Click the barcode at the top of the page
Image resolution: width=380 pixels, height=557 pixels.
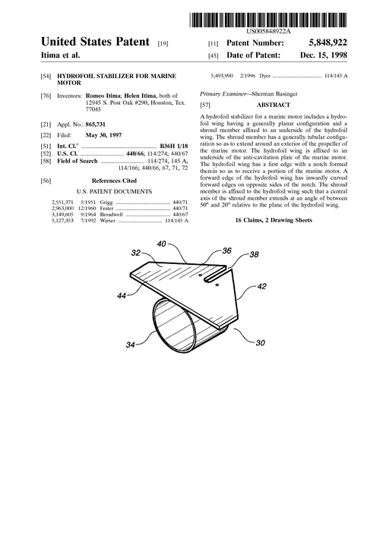[268, 20]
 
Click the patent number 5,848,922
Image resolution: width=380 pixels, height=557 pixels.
[328, 43]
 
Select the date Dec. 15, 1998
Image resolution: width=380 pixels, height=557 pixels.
[324, 55]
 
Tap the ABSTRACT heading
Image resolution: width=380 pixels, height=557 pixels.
[274, 105]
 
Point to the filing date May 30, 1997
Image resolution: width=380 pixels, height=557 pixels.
[103, 135]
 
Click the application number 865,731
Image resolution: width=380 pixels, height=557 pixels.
[95, 124]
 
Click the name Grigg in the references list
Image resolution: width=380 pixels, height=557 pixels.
[106, 202]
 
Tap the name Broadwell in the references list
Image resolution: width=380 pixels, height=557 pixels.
[112, 215]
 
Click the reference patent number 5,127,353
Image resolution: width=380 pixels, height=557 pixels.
[62, 221]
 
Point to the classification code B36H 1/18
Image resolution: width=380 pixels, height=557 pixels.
[173, 146]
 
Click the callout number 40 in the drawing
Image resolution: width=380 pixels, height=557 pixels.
[161, 244]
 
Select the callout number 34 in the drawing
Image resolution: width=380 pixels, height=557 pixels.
[131, 345]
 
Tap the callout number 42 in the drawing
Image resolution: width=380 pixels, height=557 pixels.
[261, 286]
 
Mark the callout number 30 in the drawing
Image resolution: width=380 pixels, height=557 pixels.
[261, 342]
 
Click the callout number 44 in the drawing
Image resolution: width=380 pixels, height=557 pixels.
[122, 295]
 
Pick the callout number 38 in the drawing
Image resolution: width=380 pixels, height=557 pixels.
[254, 254]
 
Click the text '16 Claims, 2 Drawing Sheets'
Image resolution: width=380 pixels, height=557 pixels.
[274, 220]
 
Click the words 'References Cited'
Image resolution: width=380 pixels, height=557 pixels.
[114, 181]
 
